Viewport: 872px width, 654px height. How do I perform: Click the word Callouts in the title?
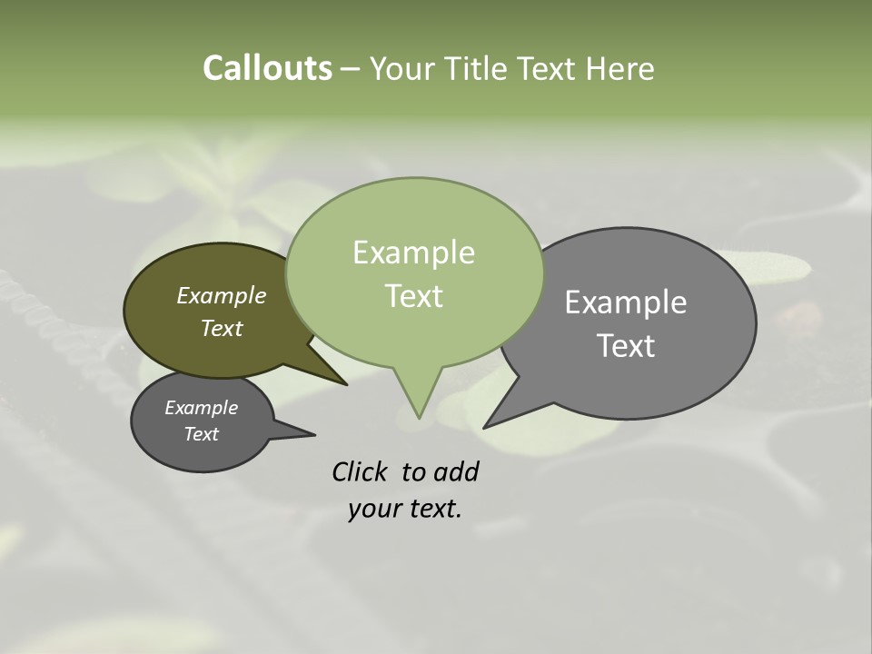tap(267, 68)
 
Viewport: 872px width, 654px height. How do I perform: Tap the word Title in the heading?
tap(480, 68)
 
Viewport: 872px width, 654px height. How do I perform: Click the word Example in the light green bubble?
tap(413, 253)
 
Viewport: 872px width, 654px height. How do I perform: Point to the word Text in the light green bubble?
tap(413, 296)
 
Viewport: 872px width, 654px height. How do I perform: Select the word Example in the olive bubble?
tap(222, 295)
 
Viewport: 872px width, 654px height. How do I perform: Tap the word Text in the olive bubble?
tap(222, 328)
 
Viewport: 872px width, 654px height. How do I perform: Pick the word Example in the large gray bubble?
tap(626, 302)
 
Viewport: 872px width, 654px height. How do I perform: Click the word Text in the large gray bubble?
tap(626, 346)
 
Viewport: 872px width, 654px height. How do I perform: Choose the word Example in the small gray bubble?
tap(201, 408)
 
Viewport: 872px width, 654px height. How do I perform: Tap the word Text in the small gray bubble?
tap(201, 434)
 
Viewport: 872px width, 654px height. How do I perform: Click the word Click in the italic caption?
tap(360, 471)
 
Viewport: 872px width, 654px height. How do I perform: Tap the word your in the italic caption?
tap(373, 509)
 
